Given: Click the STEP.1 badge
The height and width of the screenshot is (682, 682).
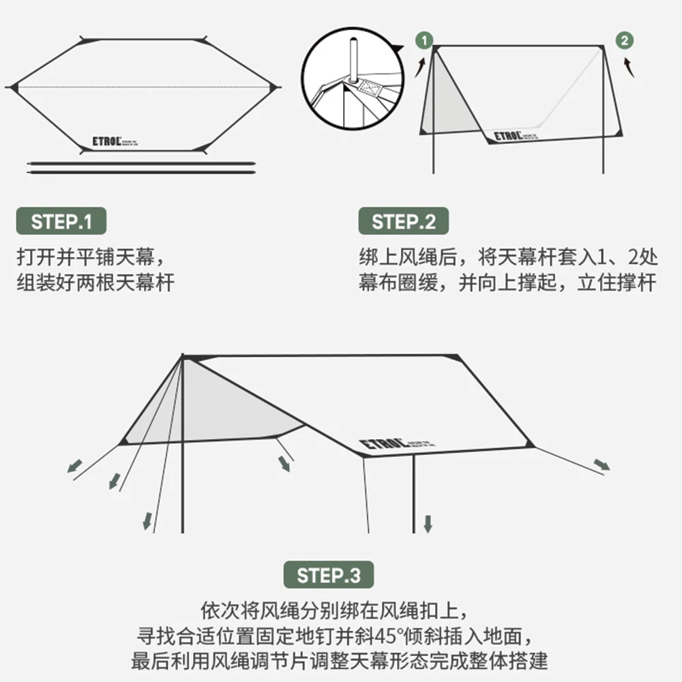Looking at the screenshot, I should [61, 222].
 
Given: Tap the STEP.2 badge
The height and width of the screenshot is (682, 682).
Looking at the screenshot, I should [404, 222].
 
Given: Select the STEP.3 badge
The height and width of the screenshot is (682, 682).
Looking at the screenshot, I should [328, 575].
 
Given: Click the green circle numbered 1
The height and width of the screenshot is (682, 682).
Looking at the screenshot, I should [424, 40].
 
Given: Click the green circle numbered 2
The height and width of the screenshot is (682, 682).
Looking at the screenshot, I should [624, 40].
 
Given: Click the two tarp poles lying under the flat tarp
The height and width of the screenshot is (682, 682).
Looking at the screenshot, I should [141, 166].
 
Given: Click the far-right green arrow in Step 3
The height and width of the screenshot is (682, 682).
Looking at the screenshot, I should [602, 465].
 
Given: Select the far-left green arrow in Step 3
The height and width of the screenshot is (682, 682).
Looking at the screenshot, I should [74, 466].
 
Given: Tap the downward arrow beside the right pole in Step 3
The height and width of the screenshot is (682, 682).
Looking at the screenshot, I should [428, 524].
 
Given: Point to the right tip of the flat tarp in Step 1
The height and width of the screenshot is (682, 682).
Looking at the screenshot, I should [276, 87].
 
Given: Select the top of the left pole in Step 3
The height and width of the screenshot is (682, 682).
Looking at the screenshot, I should [183, 357].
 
